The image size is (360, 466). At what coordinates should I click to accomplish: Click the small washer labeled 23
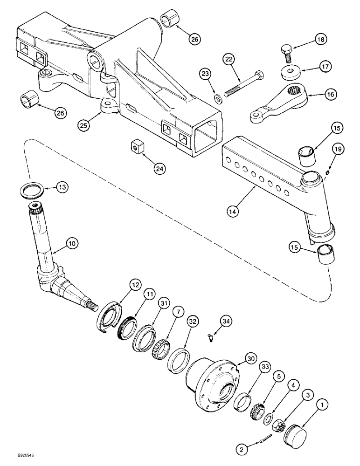click(x=218, y=98)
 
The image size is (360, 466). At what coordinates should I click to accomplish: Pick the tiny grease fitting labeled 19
click(x=328, y=173)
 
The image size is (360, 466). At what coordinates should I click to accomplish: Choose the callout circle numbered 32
click(x=192, y=322)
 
